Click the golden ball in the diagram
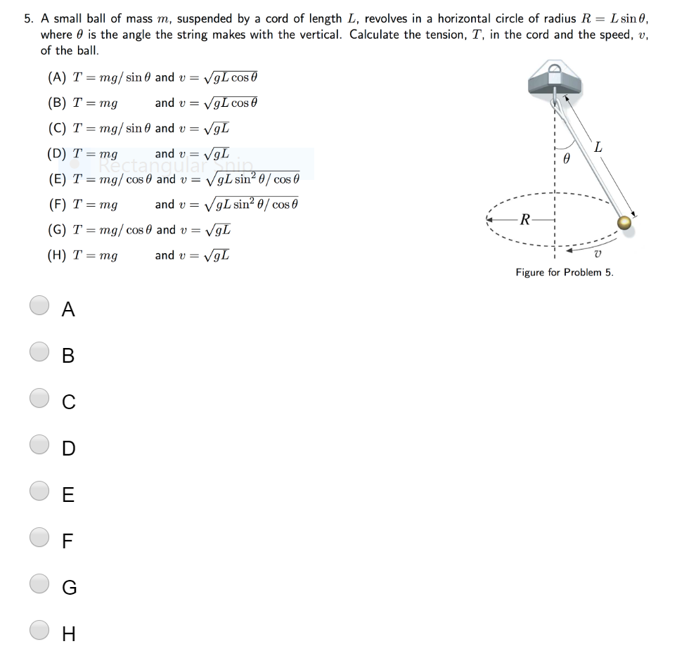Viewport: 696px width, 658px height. (x=624, y=223)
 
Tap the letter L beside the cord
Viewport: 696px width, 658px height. (x=598, y=147)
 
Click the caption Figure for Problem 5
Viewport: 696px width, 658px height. (x=564, y=272)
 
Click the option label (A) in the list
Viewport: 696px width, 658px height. (x=57, y=77)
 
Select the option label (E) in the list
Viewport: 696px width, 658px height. (x=57, y=179)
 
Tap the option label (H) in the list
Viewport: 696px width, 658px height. (x=57, y=256)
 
